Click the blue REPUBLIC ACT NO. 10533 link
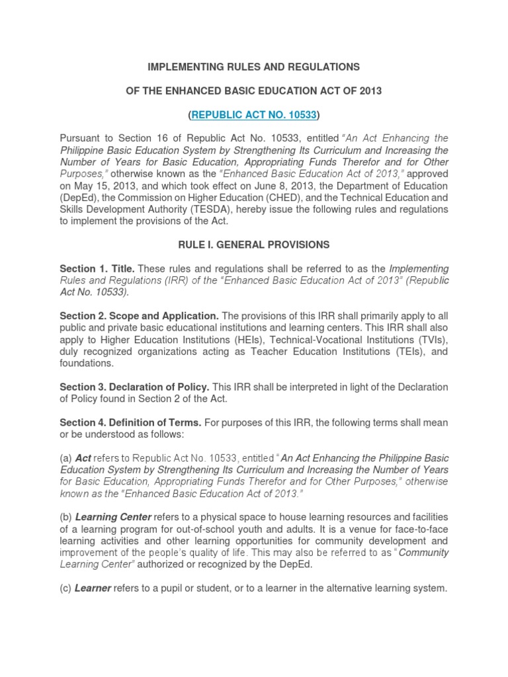point(254,115)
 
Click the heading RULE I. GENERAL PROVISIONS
point(254,245)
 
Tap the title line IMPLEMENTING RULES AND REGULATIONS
point(254,67)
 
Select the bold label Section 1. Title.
point(97,269)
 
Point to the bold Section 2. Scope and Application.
point(139,316)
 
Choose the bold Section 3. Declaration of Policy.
point(134,387)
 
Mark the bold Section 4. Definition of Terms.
point(130,422)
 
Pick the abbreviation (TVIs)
point(432,340)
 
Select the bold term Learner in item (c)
point(93,588)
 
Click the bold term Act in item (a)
point(83,458)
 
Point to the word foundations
point(86,364)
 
